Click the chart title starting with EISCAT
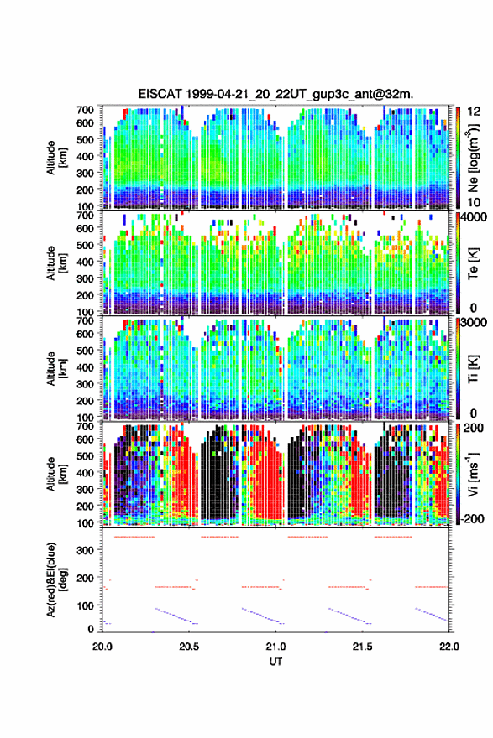coord(275,94)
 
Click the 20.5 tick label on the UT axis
coord(188,647)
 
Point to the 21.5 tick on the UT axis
coord(362,647)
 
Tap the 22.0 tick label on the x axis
coord(448,647)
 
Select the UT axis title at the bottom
coord(275,662)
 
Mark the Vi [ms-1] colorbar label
coord(473,474)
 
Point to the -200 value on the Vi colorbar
coord(473,518)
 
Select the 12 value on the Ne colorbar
coord(475,112)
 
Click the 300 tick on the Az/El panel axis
coord(86,550)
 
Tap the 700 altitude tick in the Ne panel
coord(85,110)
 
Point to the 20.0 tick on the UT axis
coord(102,647)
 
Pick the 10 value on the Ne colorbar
coord(475,202)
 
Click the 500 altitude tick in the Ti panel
coord(85,351)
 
